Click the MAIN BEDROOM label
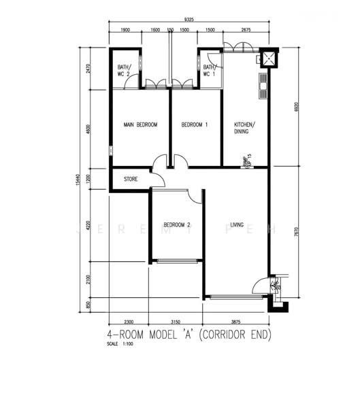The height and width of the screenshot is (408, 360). point(140,125)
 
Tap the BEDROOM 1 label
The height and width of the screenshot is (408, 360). point(195,125)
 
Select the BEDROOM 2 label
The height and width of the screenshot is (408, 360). point(176,225)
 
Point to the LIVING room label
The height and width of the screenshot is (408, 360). point(237,224)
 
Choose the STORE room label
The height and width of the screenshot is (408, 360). point(131,180)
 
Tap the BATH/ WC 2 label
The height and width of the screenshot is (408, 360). point(123,70)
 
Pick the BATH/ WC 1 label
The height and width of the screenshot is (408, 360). point(209,70)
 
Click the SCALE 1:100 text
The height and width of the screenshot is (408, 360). point(117,344)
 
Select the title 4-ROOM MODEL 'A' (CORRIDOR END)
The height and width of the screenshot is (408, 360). point(189,335)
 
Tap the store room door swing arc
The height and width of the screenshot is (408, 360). point(159,180)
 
